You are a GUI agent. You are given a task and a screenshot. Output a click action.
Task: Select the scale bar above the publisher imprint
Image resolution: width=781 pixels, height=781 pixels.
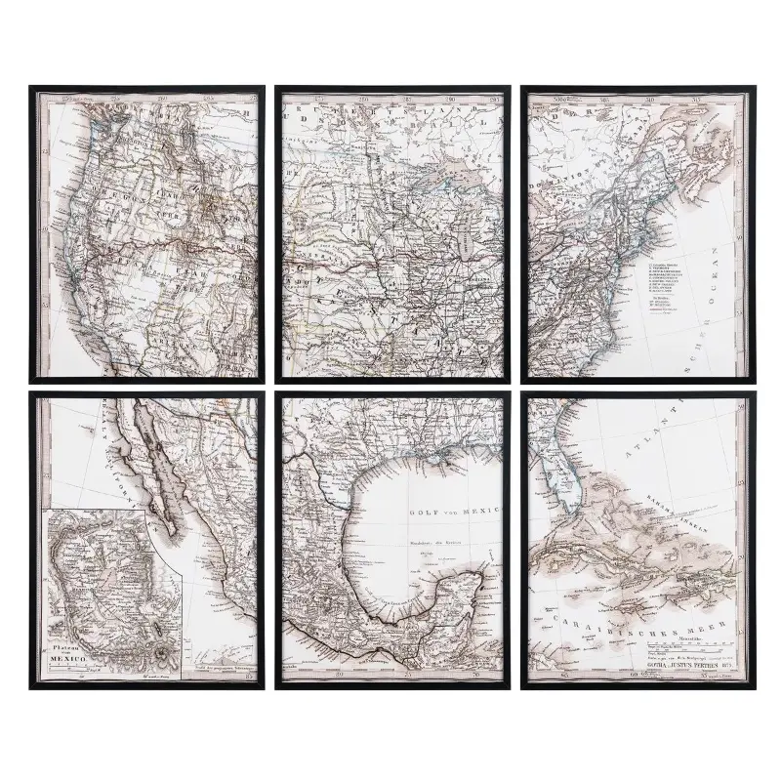683,647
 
